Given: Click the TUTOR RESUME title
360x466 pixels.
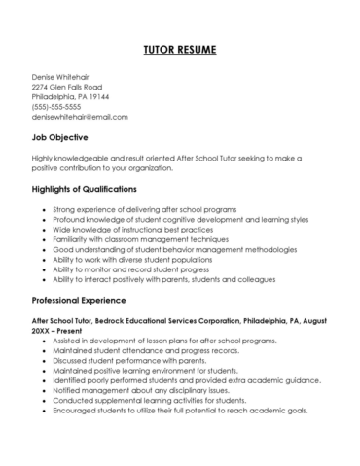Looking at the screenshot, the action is point(180,49).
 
